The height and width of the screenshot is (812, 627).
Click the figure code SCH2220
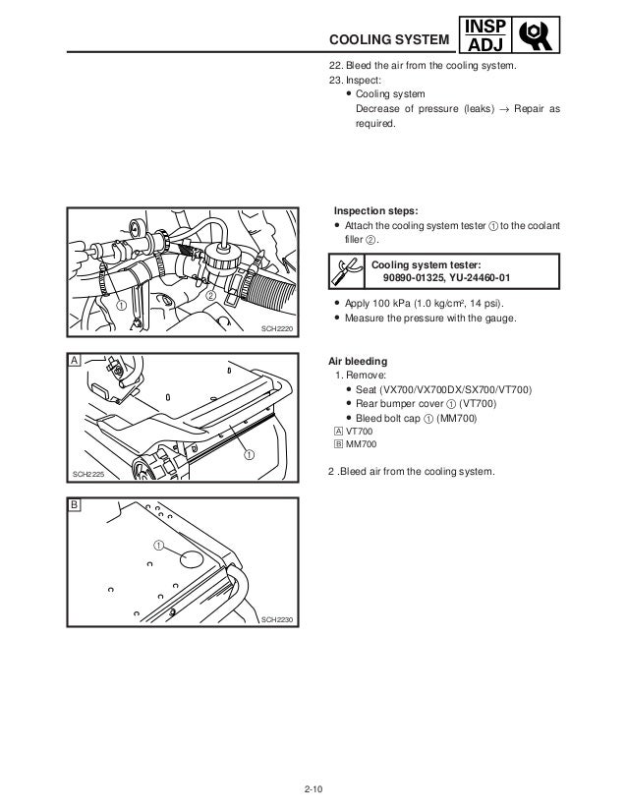pos(278,329)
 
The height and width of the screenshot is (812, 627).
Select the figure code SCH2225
pos(89,475)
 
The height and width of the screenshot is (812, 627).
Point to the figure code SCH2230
pos(277,619)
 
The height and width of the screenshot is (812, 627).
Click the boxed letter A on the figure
pos(75,361)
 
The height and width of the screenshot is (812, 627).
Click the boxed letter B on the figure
pos(75,504)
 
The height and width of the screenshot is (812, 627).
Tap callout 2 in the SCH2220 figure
pos(209,296)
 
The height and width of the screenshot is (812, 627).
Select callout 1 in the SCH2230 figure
pos(158,544)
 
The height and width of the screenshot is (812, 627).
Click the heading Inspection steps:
pos(375,210)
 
